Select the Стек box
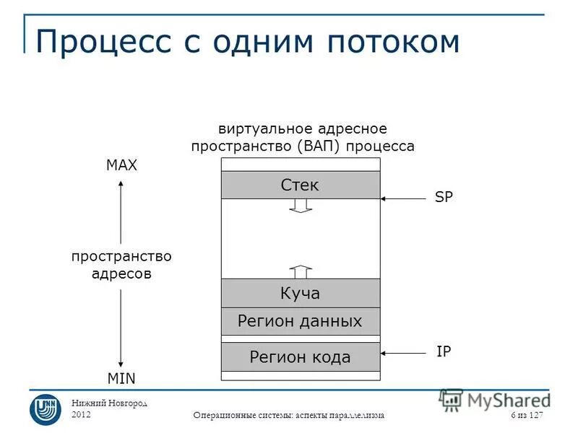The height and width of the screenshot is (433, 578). click(300, 185)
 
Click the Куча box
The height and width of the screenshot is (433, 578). click(300, 293)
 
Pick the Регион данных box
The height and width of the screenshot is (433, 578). click(300, 321)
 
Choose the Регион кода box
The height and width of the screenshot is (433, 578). click(300, 357)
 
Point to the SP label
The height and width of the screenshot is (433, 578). click(444, 197)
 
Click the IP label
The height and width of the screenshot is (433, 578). click(444, 351)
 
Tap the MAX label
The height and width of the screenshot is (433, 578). click(121, 165)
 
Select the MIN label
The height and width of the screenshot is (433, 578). click(121, 378)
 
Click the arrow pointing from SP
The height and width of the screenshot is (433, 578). click(404, 198)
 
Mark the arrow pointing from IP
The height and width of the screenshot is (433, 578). click(404, 353)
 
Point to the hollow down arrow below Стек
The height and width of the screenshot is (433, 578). click(301, 206)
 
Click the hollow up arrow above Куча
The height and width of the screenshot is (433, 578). click(301, 271)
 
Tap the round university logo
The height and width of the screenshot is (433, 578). click(45, 408)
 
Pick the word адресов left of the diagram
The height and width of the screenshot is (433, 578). click(121, 274)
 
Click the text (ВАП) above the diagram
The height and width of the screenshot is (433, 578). click(318, 146)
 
